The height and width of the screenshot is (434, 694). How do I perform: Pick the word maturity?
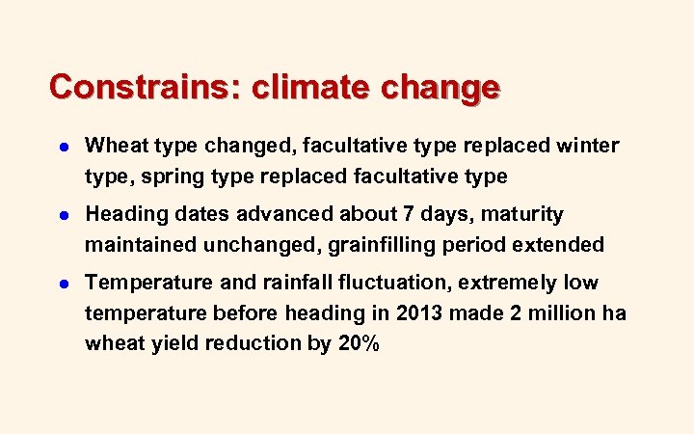526,214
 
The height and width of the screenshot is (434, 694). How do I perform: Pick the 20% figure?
358,344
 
